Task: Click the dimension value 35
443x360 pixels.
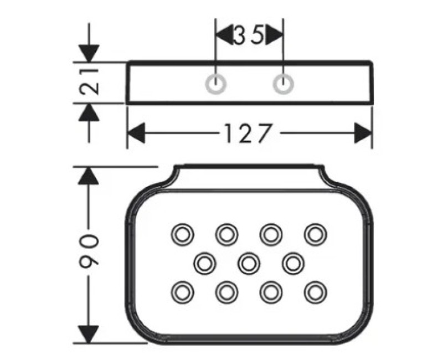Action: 249,35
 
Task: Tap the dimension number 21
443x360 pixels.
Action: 89,82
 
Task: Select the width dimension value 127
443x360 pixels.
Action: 249,133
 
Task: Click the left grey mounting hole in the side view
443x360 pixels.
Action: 215,84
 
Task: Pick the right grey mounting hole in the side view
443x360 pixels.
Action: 284,84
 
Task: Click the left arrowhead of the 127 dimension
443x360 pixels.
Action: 136,133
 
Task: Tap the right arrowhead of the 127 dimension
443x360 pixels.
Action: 363,133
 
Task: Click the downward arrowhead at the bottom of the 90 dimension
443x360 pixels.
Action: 89,335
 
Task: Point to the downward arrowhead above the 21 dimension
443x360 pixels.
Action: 89,53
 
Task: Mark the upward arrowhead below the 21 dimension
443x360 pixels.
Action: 89,112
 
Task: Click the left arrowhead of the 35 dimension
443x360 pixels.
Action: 224,35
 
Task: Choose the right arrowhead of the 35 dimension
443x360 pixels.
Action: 274,35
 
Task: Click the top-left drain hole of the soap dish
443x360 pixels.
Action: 183,234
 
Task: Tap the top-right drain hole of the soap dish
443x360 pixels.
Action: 316,234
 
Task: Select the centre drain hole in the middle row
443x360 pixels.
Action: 249,264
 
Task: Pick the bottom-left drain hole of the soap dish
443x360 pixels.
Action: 183,292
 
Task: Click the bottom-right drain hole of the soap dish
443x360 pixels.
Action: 316,292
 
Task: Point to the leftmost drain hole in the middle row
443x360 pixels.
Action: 204,264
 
